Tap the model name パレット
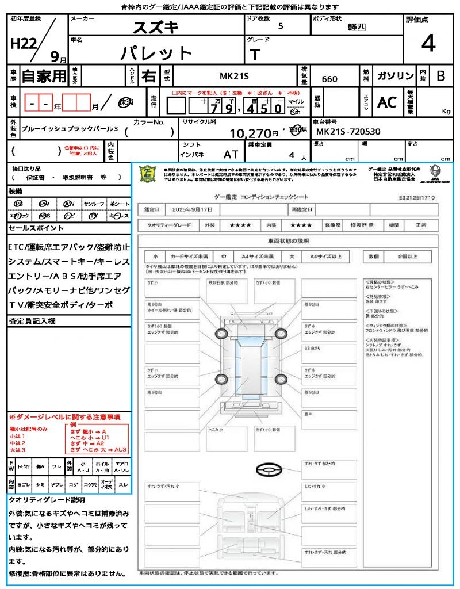tap(156, 53)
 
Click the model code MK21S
tap(236, 76)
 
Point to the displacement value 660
tap(329, 79)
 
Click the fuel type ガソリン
tap(395, 76)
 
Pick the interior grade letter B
tap(440, 76)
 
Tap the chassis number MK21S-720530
tap(348, 132)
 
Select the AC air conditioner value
tap(387, 102)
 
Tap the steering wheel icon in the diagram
tap(267, 470)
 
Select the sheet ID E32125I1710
tap(417, 197)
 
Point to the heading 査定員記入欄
tap(32, 320)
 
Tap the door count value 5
tap(280, 26)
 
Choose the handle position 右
tap(149, 76)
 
